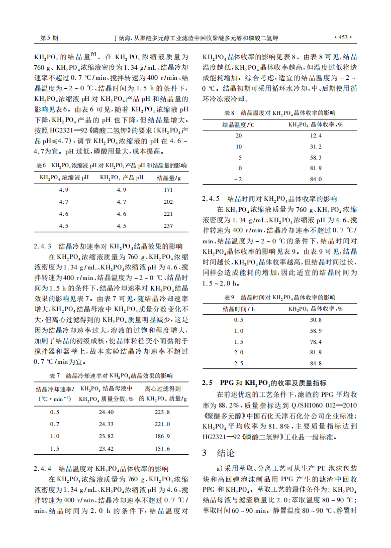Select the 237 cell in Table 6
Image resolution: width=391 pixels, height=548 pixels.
[168, 226]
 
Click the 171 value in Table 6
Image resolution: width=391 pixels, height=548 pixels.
[168, 190]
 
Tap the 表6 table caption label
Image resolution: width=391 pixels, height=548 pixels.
[41, 165]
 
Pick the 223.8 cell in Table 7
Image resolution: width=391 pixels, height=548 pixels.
[162, 412]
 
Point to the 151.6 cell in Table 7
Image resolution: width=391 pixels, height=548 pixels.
[162, 448]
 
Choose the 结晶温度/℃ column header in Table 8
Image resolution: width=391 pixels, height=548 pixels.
[238, 124]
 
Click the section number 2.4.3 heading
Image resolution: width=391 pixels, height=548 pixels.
[43, 246]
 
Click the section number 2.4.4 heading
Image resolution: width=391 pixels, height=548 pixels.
[43, 469]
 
